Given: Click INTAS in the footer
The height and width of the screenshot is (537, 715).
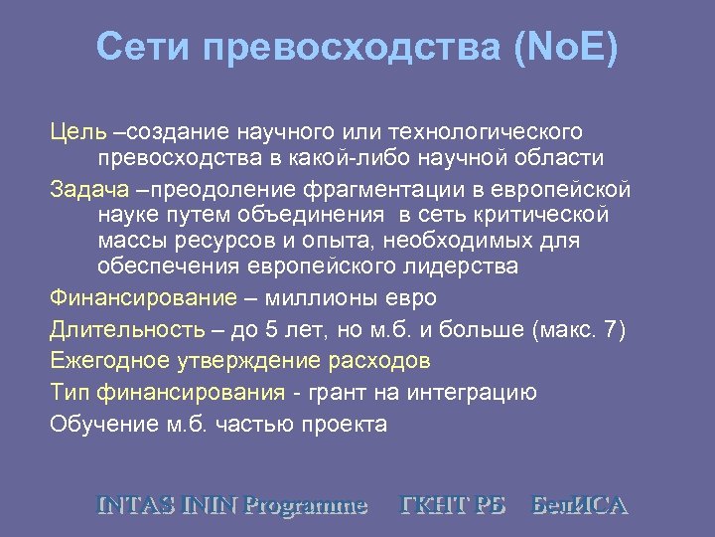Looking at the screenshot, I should coord(137,504).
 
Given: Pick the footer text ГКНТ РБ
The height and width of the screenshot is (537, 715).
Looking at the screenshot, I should coord(453,504).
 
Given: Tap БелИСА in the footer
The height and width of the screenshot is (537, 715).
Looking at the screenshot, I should coord(580,504).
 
